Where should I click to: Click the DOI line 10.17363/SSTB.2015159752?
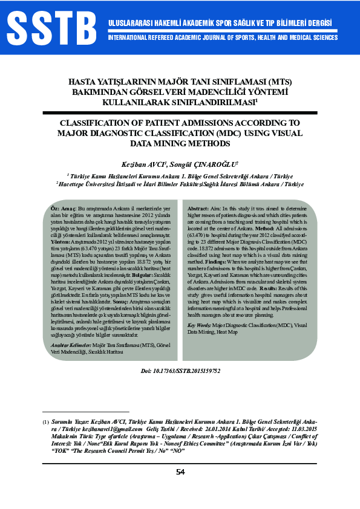coord(180,370)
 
